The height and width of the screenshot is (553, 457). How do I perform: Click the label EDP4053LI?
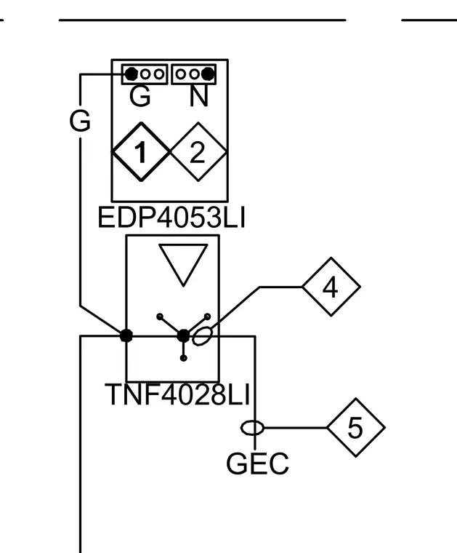pyautogui.click(x=171, y=218)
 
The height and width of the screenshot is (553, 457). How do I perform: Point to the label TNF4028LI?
pyautogui.click(x=177, y=394)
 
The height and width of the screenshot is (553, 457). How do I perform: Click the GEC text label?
pyautogui.click(x=257, y=464)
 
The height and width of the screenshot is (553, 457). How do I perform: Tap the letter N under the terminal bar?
pyautogui.click(x=199, y=96)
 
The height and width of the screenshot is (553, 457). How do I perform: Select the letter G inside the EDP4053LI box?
pyautogui.click(x=140, y=96)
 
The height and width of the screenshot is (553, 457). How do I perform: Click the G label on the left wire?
pyautogui.click(x=80, y=121)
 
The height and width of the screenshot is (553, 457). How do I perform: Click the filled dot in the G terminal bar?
pyautogui.click(x=132, y=74)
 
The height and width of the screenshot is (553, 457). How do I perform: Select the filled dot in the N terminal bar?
pyautogui.click(x=208, y=74)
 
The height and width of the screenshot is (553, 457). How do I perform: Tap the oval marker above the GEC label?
pyautogui.click(x=252, y=428)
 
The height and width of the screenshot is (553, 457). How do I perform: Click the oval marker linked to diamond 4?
pyautogui.click(x=203, y=335)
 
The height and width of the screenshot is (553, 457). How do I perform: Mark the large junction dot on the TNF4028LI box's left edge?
pyautogui.click(x=126, y=335)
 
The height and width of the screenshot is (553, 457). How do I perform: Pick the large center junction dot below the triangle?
pyautogui.click(x=183, y=336)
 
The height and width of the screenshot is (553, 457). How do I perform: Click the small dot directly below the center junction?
pyautogui.click(x=183, y=358)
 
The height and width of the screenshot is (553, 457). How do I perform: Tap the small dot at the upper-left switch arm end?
pyautogui.click(x=160, y=317)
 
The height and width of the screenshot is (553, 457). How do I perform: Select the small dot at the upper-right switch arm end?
pyautogui.click(x=207, y=317)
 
